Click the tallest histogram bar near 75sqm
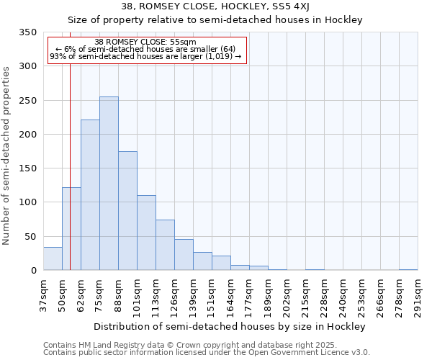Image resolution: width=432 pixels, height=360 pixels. [109, 184]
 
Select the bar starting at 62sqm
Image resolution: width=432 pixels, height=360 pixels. [90, 194]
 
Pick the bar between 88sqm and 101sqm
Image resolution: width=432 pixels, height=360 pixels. [127, 211]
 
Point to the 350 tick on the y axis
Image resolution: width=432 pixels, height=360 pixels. [28, 32]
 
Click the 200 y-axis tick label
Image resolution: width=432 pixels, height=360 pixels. [28, 135]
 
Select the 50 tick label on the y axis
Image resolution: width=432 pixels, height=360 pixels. [31, 237]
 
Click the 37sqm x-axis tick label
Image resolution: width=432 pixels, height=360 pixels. [43, 294]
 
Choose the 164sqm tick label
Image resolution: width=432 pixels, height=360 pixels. [230, 294]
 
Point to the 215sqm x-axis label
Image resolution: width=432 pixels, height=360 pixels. [305, 294]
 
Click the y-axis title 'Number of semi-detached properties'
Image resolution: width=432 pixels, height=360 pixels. [7, 155]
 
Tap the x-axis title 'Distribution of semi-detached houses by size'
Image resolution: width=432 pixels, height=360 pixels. [230, 326]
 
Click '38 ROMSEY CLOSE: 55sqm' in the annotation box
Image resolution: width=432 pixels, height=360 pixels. [145, 42]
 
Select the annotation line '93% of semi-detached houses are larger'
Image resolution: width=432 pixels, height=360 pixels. [145, 57]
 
